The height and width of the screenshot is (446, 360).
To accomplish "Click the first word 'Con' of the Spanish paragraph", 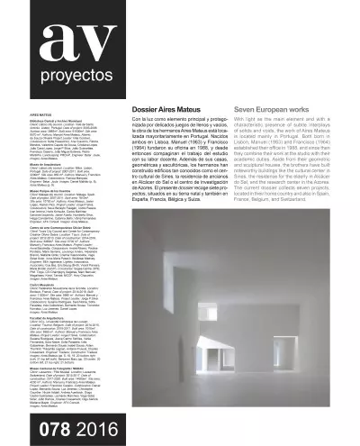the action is pyautogui.click(x=149, y=118).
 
